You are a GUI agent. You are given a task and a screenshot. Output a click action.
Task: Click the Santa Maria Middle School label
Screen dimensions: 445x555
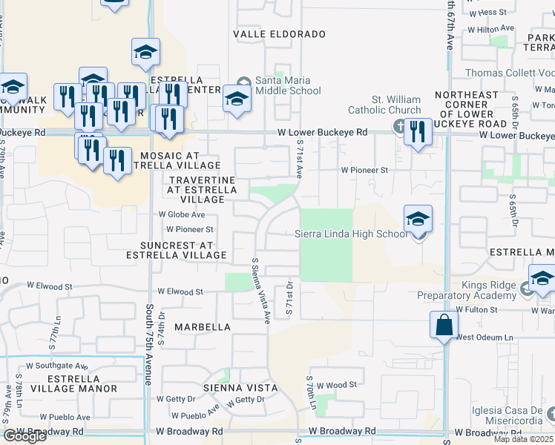click(288, 85)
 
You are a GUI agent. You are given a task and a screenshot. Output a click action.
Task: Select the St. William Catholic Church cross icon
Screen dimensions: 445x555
click(399, 125)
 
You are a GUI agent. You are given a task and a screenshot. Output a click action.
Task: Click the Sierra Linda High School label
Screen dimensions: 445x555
click(351, 234)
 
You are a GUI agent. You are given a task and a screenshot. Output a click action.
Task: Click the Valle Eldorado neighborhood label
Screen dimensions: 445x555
click(279, 34)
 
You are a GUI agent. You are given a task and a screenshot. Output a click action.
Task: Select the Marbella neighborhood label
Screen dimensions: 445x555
click(203, 326)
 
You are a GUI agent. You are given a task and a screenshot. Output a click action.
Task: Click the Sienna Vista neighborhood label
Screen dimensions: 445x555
click(242, 388)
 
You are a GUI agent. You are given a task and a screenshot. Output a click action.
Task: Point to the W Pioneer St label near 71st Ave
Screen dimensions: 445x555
click(364, 170)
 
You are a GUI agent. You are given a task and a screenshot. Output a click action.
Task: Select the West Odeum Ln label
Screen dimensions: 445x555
click(485, 337)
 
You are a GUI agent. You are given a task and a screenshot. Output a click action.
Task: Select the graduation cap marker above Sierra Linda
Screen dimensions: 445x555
click(418, 220)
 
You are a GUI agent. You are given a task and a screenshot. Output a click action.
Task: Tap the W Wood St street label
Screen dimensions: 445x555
click(336, 385)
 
